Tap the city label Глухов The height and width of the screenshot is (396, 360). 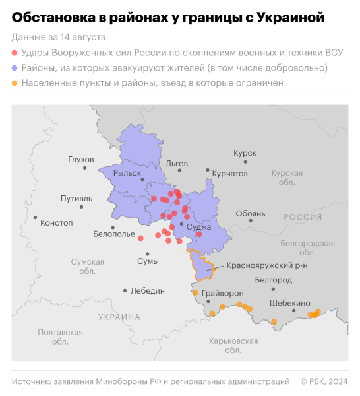[80, 160]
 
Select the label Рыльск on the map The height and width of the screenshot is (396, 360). [127, 173]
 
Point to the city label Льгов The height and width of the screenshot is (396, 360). [177, 163]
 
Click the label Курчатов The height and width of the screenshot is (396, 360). [229, 173]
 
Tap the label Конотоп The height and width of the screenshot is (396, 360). [57, 222]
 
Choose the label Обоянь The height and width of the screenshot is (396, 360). [250, 214]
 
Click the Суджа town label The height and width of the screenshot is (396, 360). [198, 226]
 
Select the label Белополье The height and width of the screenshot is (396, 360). [113, 234]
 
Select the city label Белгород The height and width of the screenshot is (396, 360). [273, 280]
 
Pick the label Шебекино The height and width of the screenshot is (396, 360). [289, 303]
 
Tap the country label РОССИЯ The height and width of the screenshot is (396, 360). [303, 216]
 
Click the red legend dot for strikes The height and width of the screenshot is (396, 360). [15, 52]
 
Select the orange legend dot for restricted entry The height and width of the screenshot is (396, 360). [15, 82]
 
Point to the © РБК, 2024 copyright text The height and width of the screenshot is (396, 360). [324, 381]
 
